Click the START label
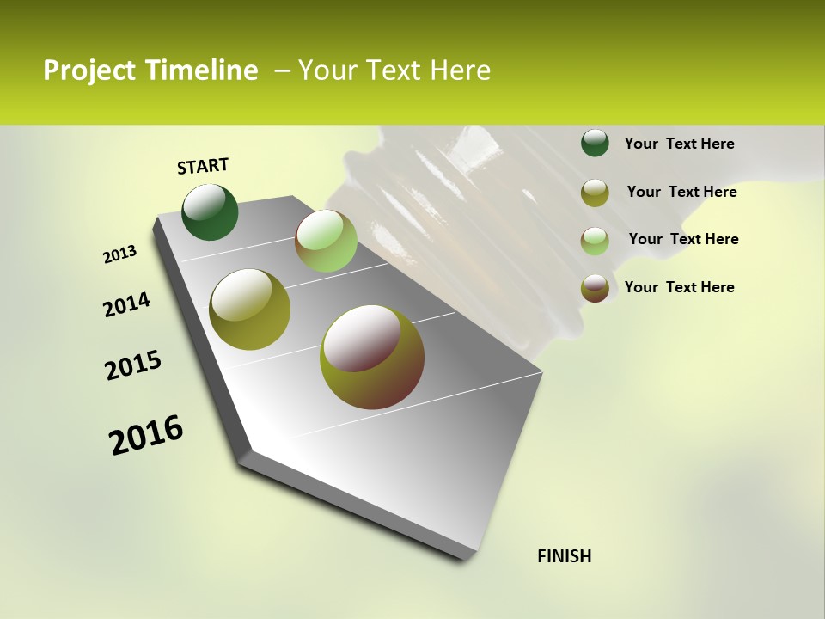pyautogui.click(x=203, y=166)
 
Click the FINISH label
pyautogui.click(x=564, y=556)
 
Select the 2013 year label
pyautogui.click(x=119, y=254)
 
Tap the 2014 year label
pyautogui.click(x=126, y=304)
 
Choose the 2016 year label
pyautogui.click(x=146, y=435)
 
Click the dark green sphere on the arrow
pyautogui.click(x=210, y=211)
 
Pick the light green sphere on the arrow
pyautogui.click(x=326, y=241)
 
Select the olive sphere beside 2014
pyautogui.click(x=250, y=309)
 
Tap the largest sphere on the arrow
pyautogui.click(x=372, y=357)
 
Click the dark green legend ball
pyautogui.click(x=595, y=144)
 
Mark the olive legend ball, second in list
pyautogui.click(x=595, y=193)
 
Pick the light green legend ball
pyautogui.click(x=595, y=240)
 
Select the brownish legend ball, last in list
pyautogui.click(x=595, y=288)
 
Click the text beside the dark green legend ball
pyautogui.click(x=679, y=144)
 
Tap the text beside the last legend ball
pyautogui.click(x=679, y=287)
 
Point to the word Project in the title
pyautogui.click(x=89, y=70)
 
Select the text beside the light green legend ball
pyautogui.click(x=683, y=239)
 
